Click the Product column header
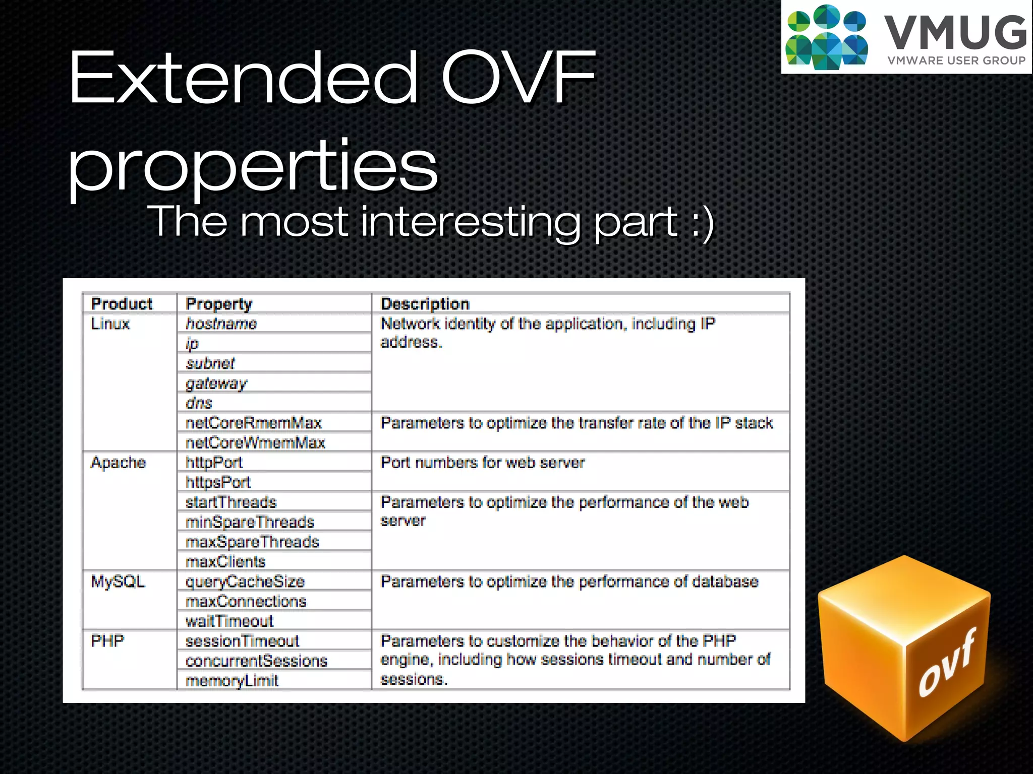pos(122,304)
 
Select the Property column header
pos(219,304)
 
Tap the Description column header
pos(425,304)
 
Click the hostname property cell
pos(221,324)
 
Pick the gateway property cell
pos(216,383)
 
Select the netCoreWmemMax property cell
pos(255,443)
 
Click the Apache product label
pos(118,463)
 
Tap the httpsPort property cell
pos(218,482)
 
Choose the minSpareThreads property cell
pos(250,522)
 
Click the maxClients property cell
pos(225,561)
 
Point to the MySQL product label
pos(118,582)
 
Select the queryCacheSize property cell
pos(245,582)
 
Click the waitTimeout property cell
pos(229,621)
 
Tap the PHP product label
pos(107,641)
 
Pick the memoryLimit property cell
pos(232,681)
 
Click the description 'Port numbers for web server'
pos(482,463)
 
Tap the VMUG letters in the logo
pos(955,33)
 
